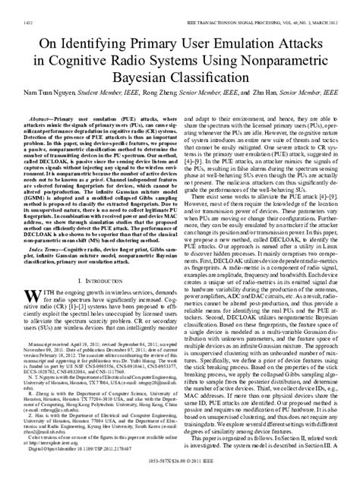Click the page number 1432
click(17, 7)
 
